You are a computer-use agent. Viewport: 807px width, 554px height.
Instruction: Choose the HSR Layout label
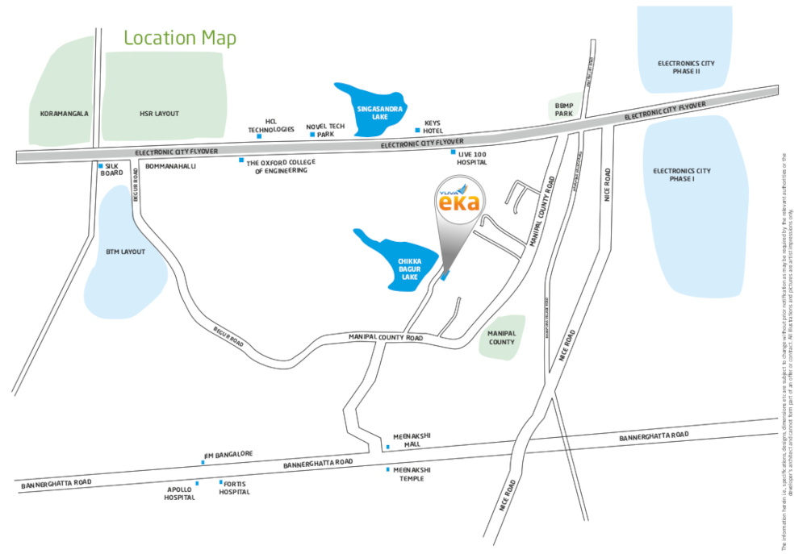tap(159, 114)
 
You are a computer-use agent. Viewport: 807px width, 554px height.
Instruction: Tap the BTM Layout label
tap(126, 252)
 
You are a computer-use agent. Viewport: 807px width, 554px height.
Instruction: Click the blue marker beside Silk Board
tap(100, 166)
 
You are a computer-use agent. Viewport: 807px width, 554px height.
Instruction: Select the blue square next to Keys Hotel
tap(417, 130)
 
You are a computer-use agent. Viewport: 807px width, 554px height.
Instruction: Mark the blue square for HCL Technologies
tap(259, 136)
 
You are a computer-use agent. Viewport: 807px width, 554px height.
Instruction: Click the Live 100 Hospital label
tap(473, 157)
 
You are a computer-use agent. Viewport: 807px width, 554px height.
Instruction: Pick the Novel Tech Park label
tap(326, 131)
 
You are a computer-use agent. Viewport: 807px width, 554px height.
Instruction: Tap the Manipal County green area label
tap(502, 337)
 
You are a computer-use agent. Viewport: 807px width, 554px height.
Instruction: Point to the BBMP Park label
tap(564, 109)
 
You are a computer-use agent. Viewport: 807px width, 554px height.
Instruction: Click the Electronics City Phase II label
tap(685, 67)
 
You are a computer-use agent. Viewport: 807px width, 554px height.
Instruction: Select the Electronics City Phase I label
tap(683, 175)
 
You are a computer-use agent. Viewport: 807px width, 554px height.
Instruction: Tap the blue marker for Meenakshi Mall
tap(387, 446)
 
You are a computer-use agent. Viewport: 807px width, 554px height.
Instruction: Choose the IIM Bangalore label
tap(229, 454)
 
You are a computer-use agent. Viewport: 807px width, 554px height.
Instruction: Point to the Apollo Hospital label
tap(180, 494)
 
